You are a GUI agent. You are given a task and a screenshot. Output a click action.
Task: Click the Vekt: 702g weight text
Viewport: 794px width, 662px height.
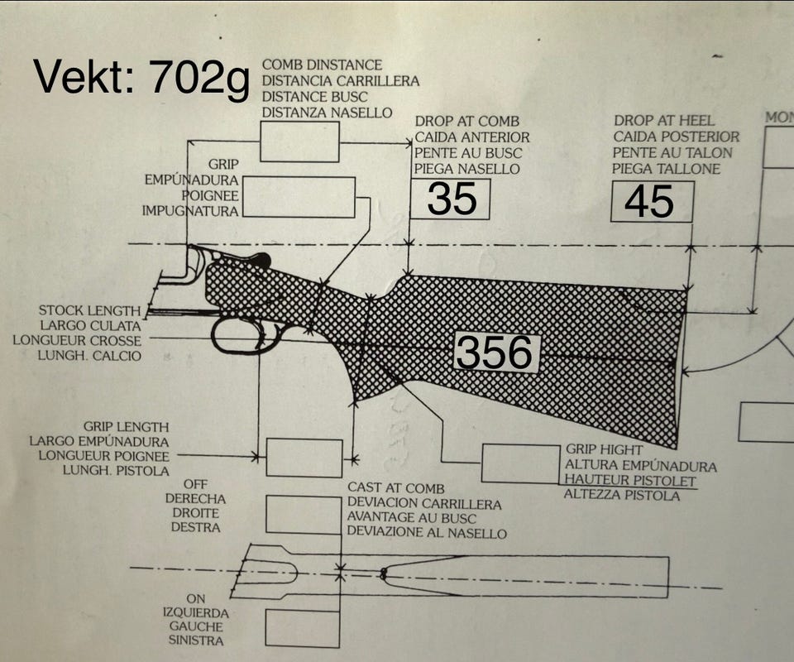point(141,78)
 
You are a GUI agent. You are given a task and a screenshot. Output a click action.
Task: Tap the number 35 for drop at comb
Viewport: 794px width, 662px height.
point(452,199)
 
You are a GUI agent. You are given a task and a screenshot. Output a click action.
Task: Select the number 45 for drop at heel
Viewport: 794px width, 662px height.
point(649,202)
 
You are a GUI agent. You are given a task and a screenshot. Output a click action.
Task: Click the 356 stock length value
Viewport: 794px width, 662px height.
point(495,353)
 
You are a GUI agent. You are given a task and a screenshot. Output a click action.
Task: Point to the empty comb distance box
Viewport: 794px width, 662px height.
point(299,142)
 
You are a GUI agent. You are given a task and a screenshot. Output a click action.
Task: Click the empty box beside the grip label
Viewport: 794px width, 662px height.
point(299,197)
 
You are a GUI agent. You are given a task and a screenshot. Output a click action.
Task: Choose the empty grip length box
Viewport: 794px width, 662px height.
point(304,458)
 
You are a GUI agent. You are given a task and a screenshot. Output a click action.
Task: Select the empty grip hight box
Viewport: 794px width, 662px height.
point(521,463)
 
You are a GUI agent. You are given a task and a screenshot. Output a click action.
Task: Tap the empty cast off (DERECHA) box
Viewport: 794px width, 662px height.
point(304,515)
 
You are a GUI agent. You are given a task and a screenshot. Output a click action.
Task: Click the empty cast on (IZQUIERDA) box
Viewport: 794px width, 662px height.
point(303,629)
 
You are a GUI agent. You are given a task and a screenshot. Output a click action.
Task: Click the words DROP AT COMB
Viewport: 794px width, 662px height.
point(466,122)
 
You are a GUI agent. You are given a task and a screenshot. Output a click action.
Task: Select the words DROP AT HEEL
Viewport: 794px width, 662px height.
point(664,121)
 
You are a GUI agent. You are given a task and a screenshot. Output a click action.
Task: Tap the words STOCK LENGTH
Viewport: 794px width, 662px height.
point(89,310)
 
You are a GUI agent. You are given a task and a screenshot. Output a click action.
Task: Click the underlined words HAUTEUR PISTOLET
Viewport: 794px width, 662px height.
point(630,480)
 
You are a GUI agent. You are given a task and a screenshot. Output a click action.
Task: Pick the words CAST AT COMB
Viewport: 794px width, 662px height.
point(395,488)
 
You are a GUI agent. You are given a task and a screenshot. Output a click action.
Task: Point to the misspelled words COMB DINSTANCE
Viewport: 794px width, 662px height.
point(322,65)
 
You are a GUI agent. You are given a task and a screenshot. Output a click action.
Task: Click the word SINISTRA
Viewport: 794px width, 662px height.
point(196,640)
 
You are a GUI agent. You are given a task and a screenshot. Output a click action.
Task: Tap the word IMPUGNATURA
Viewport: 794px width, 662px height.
point(190,211)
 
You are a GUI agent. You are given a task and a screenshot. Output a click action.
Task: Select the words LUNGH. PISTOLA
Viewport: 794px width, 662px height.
point(116,471)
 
